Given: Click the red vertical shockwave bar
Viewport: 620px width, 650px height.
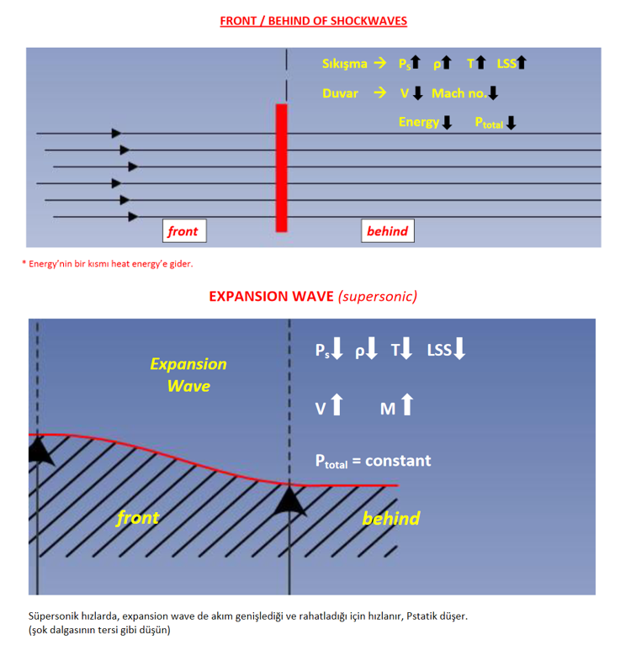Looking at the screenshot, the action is tap(282, 168).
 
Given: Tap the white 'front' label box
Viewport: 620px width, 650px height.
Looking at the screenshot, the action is tap(184, 231).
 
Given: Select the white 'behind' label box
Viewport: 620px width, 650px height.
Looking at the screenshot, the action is tap(387, 231).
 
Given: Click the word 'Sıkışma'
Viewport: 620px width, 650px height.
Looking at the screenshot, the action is tap(345, 64).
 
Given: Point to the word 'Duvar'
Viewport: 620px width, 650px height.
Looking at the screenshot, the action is tap(340, 93).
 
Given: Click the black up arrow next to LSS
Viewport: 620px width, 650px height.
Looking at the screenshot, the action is tap(522, 62).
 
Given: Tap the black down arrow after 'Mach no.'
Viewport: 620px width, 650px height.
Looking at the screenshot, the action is tap(493, 92).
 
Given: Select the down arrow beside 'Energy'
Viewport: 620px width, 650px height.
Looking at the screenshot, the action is tap(447, 122).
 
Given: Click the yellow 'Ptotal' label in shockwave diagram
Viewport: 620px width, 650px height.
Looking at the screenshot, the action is tap(489, 123).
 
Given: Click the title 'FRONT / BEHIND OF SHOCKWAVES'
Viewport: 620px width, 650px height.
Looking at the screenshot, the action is tap(313, 21).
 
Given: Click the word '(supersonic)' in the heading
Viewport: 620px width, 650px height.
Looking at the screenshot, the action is tap(378, 297).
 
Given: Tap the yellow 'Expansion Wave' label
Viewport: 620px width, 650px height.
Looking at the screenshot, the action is tap(188, 375).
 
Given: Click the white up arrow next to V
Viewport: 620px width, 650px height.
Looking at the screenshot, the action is tap(337, 404).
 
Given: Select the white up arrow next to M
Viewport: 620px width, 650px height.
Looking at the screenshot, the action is tap(408, 404).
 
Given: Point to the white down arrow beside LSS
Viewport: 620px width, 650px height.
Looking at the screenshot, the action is tap(459, 348).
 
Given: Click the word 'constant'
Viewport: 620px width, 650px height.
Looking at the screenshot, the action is tap(398, 461).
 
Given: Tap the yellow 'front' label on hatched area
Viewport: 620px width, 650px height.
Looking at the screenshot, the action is tap(138, 517).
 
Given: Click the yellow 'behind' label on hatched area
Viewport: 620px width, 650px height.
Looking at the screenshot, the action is tap(390, 518).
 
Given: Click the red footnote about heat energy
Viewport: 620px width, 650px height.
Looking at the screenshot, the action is tap(108, 264).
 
